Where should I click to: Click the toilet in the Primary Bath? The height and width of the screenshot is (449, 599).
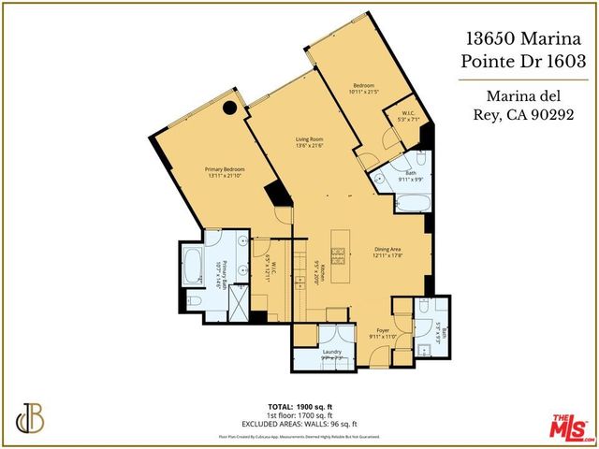pos(196,299)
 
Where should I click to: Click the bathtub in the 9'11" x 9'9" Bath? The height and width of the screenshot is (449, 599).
pos(410,204)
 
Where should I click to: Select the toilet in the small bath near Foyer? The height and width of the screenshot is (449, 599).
pos(423,308)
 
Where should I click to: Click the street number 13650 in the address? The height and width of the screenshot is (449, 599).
pos(493,39)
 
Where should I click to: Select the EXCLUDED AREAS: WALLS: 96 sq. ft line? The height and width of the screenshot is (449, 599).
pos(299,423)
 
